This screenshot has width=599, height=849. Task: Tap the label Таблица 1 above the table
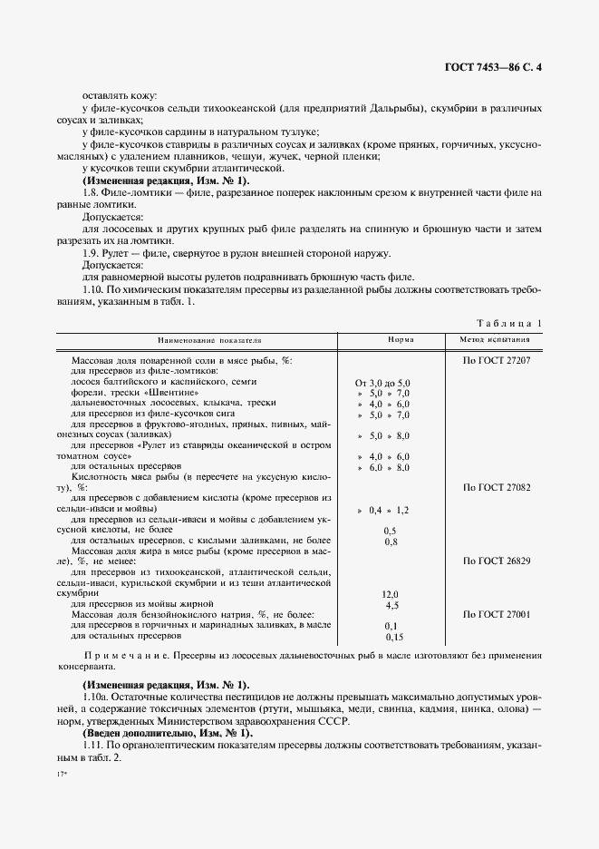pos(507,323)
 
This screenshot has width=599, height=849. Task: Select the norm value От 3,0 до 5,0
pos(383,384)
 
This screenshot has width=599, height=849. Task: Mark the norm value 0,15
pos(391,637)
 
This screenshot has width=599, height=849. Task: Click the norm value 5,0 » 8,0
pos(383,435)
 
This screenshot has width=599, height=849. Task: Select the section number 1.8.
pos(90,192)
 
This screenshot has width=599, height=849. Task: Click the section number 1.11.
pos(92,744)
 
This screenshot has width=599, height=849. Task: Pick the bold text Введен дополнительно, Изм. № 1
pos(168,731)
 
